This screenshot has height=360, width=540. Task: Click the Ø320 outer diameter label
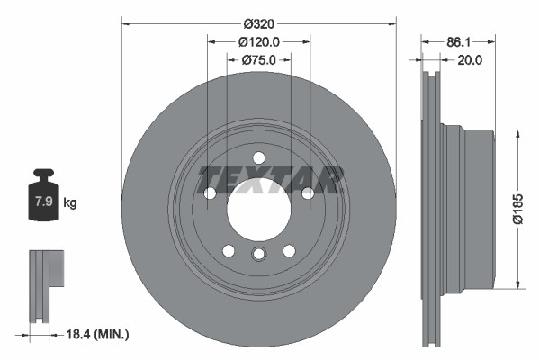pos(259,12)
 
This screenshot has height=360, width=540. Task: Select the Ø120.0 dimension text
pos(259,41)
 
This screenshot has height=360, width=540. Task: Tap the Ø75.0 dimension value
pos(259,60)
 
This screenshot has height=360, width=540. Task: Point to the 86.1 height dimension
pos(459,41)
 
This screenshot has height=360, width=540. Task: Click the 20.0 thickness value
pos(470,60)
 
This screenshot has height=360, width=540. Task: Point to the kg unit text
pos(70,203)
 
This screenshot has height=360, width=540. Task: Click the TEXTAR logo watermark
pos(271,179)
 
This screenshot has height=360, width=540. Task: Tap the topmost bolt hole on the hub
pos(259,157)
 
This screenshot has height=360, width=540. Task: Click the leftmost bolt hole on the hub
pos(211,193)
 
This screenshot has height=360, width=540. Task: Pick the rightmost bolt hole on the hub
pos(308,193)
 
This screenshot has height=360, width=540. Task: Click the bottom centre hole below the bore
pos(259,255)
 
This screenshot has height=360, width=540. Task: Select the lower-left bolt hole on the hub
pos(229,250)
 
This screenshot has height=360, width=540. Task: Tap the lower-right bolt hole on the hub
pos(290,250)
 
